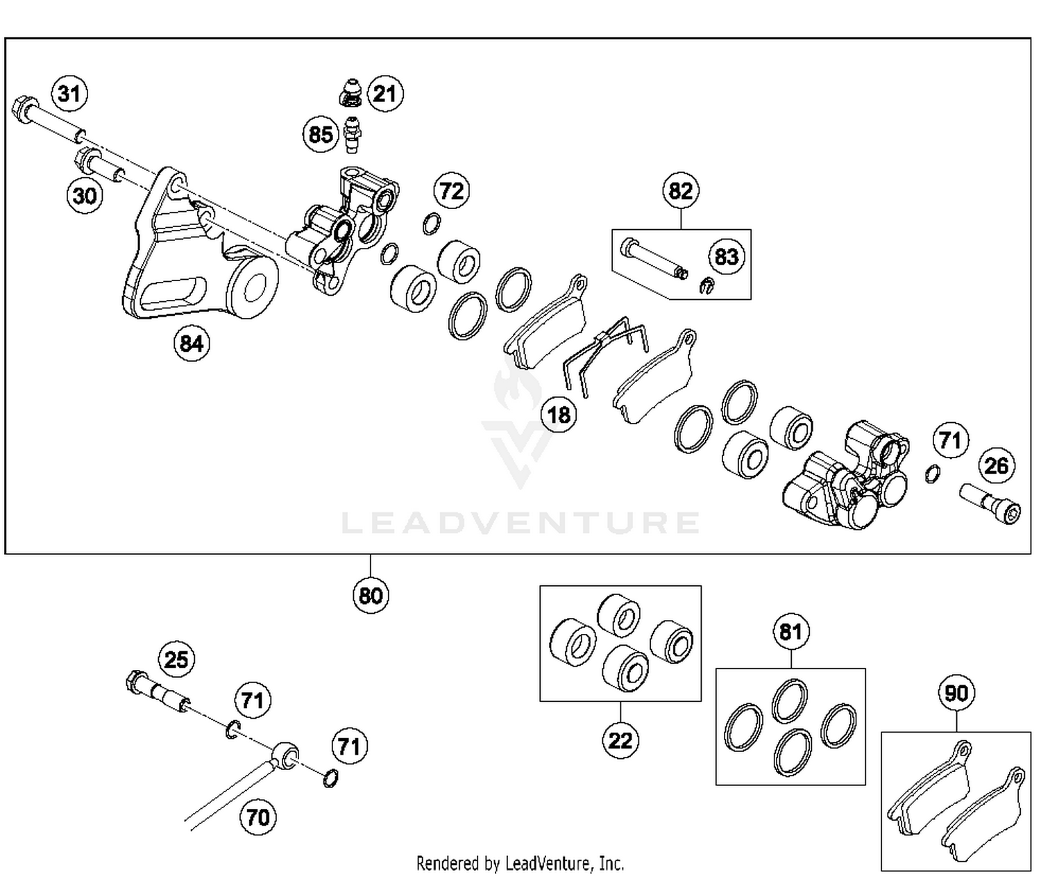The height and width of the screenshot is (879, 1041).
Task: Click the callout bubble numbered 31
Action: point(69,93)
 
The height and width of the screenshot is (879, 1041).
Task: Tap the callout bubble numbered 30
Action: point(85,195)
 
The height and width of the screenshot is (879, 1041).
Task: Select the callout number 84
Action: point(192,343)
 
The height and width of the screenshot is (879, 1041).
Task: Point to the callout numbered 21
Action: point(385,93)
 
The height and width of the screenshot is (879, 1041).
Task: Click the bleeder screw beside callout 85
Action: point(354,135)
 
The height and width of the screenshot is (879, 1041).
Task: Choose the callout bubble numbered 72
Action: point(452,190)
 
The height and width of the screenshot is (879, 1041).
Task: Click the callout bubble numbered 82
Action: point(680,190)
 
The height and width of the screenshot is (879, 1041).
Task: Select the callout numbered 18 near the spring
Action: point(559,415)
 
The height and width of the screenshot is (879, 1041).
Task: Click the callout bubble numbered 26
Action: point(997,465)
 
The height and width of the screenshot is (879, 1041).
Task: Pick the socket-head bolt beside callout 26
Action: point(990,503)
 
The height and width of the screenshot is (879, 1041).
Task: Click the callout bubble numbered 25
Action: point(176,659)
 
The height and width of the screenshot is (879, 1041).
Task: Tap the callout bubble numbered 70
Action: point(258,817)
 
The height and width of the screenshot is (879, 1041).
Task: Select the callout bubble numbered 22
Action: point(620,740)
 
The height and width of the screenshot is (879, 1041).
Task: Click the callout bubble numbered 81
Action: point(790,632)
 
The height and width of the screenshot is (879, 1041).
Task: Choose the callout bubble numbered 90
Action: point(956,693)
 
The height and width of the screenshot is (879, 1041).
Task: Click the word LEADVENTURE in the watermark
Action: point(520,523)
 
